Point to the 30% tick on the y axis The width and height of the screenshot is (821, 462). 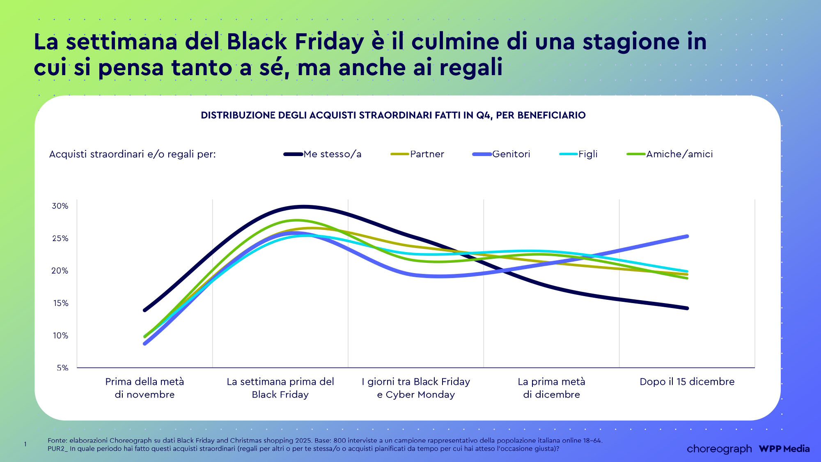tap(60, 206)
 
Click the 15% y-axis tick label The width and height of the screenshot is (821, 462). tap(60, 303)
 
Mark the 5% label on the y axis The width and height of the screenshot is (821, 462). tap(62, 368)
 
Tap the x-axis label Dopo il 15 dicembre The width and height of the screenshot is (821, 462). tap(687, 382)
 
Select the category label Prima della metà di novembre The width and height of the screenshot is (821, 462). tap(144, 388)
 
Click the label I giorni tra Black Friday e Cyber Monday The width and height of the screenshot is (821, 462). tap(416, 388)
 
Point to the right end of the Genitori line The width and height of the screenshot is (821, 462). tap(687, 237)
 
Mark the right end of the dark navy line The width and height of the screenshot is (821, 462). tap(687, 308)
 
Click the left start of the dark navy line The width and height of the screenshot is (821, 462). tap(144, 310)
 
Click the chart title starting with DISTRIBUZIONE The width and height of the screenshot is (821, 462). tap(393, 115)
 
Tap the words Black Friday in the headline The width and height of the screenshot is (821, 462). tap(295, 42)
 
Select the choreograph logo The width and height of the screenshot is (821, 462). tap(719, 449)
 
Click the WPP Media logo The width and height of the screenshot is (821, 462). tap(784, 449)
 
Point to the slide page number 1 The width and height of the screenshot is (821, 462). tap(25, 444)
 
